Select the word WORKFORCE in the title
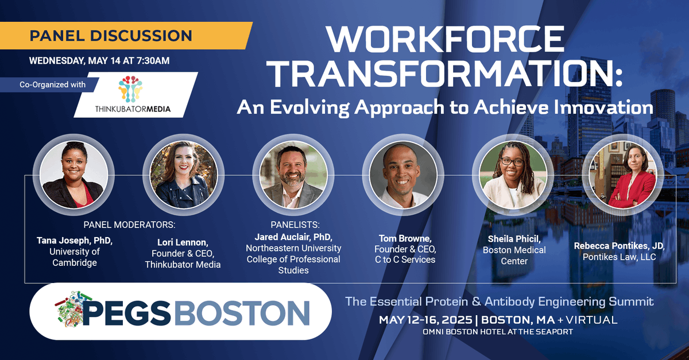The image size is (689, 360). pos(445,40)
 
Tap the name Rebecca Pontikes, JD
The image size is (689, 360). pos(619,246)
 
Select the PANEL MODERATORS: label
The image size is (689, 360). pos(130,224)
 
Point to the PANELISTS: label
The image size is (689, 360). pos(295,224)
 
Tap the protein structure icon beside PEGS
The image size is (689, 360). pos(68,312)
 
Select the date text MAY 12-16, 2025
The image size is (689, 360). pos(427,320)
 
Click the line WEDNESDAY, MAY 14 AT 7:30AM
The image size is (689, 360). pos(99,60)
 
